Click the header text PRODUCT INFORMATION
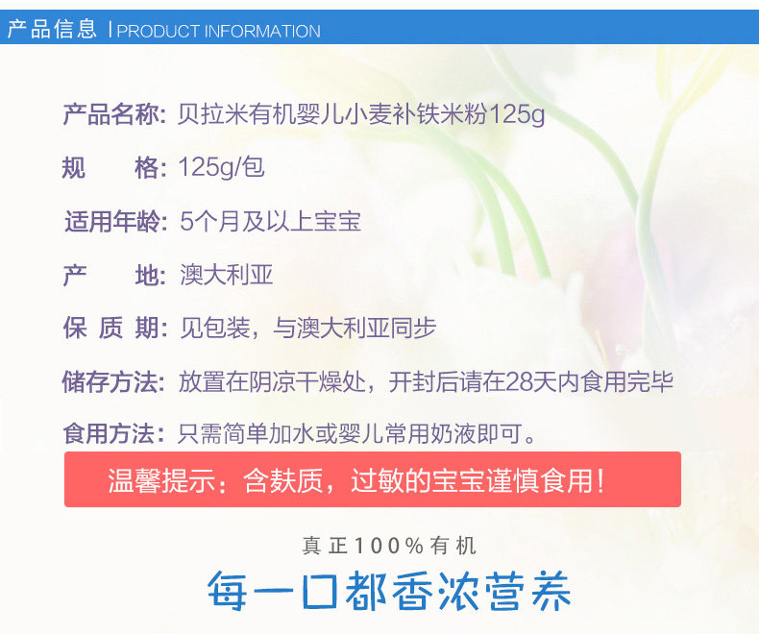(x=218, y=31)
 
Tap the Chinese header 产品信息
(x=52, y=29)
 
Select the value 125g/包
(x=222, y=167)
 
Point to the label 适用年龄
(x=112, y=222)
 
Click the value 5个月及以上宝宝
(x=271, y=222)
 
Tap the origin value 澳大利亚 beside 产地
(x=226, y=275)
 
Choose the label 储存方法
(x=110, y=382)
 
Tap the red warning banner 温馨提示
(x=373, y=479)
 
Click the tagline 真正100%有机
(x=389, y=546)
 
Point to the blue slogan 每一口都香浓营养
(x=389, y=591)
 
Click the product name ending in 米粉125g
(x=361, y=114)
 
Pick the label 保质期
(x=110, y=329)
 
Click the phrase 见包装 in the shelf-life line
(x=215, y=329)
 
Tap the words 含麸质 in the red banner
(x=283, y=480)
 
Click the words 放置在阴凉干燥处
(x=272, y=382)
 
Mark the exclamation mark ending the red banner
(x=600, y=480)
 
